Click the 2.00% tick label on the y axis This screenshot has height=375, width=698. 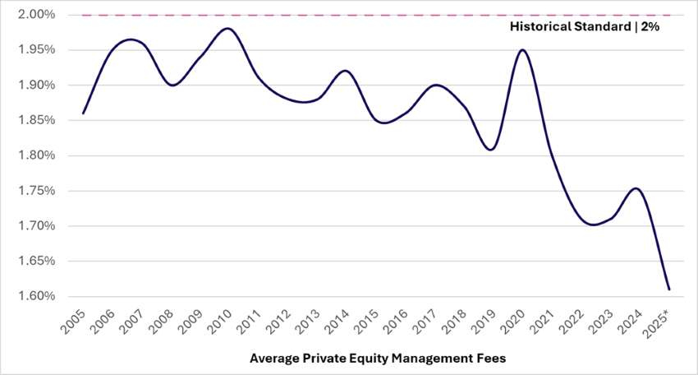click(32, 15)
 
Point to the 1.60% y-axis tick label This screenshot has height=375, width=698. click(32, 297)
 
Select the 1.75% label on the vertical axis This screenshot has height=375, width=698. click(32, 191)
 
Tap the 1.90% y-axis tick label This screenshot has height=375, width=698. click(32, 86)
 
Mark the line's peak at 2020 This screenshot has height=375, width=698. click(522, 49)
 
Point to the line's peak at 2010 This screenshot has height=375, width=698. click(228, 29)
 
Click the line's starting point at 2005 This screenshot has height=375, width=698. click(83, 113)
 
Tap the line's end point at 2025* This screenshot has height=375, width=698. click(669, 289)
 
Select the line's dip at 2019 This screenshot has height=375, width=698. click(491, 150)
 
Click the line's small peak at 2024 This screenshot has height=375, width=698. click(636, 188)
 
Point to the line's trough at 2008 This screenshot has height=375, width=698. click(171, 85)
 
